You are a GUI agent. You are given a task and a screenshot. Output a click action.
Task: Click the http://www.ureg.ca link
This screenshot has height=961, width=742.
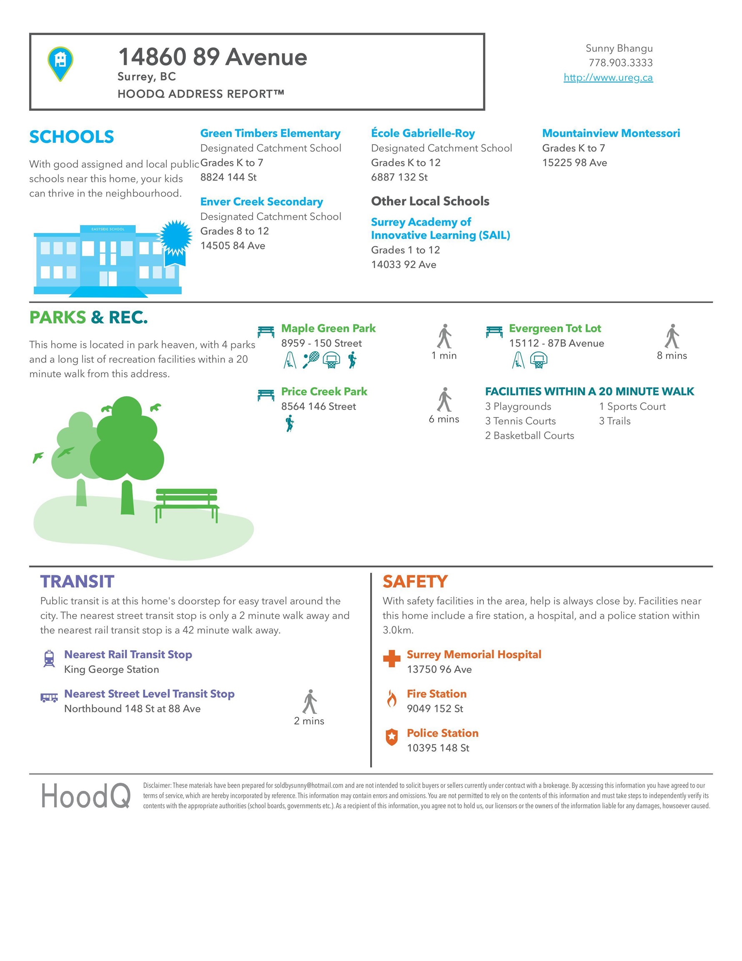tap(608, 78)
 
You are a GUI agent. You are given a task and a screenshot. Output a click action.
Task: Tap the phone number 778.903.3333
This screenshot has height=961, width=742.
tap(620, 63)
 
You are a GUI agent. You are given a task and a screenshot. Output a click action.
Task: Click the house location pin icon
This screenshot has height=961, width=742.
tap(60, 63)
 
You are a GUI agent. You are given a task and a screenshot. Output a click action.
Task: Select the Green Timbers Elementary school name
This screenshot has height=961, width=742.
tap(270, 133)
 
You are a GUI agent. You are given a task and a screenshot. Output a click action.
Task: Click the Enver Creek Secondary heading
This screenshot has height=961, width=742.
tap(261, 201)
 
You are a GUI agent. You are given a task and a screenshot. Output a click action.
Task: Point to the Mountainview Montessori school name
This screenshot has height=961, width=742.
tap(611, 133)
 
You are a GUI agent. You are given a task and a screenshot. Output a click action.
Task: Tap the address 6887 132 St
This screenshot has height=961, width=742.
tap(399, 177)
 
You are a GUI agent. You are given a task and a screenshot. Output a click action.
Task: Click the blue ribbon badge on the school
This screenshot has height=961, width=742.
tap(175, 240)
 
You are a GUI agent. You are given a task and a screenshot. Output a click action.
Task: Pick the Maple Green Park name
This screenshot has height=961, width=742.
tap(328, 328)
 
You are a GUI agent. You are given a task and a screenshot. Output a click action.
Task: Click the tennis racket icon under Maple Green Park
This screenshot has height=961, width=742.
tap(311, 360)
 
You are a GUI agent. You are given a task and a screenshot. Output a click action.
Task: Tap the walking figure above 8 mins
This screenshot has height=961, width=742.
tap(672, 337)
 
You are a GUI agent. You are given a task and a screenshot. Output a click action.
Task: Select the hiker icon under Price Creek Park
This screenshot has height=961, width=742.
tap(289, 423)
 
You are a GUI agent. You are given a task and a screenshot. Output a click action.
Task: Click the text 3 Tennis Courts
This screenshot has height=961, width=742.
tap(520, 421)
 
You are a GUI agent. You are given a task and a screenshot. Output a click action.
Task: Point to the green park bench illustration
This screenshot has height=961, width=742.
tap(186, 504)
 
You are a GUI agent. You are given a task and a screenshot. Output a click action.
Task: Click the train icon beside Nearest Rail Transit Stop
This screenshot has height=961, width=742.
tap(49, 659)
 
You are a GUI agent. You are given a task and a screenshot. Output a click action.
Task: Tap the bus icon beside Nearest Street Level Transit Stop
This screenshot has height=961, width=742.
tap(49, 697)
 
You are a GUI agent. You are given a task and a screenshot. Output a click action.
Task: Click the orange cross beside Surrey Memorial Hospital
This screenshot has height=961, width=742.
tap(391, 659)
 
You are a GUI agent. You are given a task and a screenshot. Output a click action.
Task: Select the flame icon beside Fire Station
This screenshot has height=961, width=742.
tap(391, 698)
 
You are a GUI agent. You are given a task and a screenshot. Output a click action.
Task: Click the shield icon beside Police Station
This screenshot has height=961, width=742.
tap(391, 737)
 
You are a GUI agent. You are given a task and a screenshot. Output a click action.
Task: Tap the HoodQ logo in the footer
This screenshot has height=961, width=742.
tap(86, 796)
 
